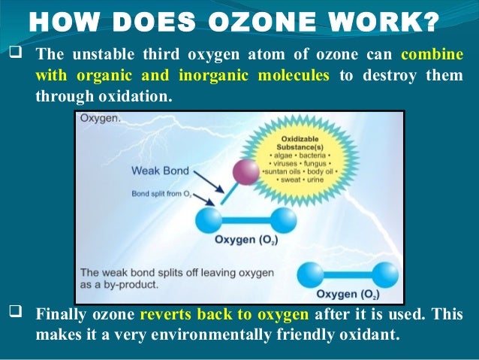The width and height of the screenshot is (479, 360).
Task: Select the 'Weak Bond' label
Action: (x=160, y=170)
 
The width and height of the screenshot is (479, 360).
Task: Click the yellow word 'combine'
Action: (x=432, y=55)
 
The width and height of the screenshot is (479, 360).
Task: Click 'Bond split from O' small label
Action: (x=161, y=194)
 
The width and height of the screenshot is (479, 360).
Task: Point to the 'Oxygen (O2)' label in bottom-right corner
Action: (x=348, y=293)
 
